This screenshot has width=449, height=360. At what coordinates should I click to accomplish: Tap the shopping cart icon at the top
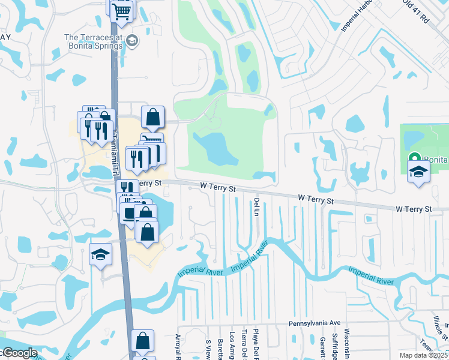click(x=122, y=10)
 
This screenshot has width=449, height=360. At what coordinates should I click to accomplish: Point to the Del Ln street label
click(x=256, y=207)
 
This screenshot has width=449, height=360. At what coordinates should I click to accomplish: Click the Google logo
click(x=19, y=353)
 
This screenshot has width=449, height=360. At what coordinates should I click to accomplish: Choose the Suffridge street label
click(x=336, y=343)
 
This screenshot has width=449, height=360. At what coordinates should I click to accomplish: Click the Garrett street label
click(x=322, y=346)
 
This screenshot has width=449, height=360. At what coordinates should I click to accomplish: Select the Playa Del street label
click(x=255, y=345)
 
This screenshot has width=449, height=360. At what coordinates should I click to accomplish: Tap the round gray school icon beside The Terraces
click(x=133, y=41)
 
